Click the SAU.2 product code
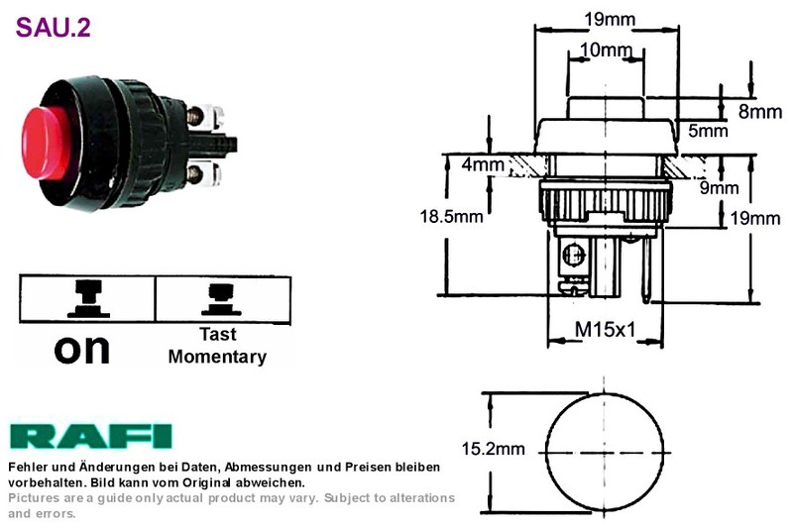[x=54, y=28]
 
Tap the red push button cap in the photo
[x=47, y=143]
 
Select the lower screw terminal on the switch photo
[x=195, y=173]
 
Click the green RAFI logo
[x=90, y=437]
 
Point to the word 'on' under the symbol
[x=82, y=349]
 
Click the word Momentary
[x=217, y=357]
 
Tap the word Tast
[x=218, y=334]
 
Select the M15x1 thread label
[x=606, y=330]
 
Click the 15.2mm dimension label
[x=493, y=448]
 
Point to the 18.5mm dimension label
[x=451, y=216]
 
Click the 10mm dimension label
[x=606, y=50]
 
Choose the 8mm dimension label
[x=760, y=112]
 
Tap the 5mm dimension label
[x=708, y=131]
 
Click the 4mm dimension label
[x=483, y=164]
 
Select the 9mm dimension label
[x=720, y=188]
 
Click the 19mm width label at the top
[x=610, y=19]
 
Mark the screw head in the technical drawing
[x=575, y=254]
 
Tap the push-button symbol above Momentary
[x=221, y=299]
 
